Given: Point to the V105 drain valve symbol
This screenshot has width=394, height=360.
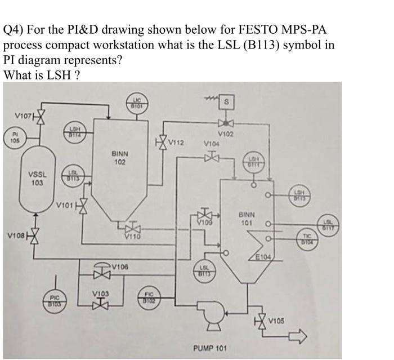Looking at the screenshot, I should [261, 323].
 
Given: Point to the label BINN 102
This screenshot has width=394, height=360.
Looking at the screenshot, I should [119, 157].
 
